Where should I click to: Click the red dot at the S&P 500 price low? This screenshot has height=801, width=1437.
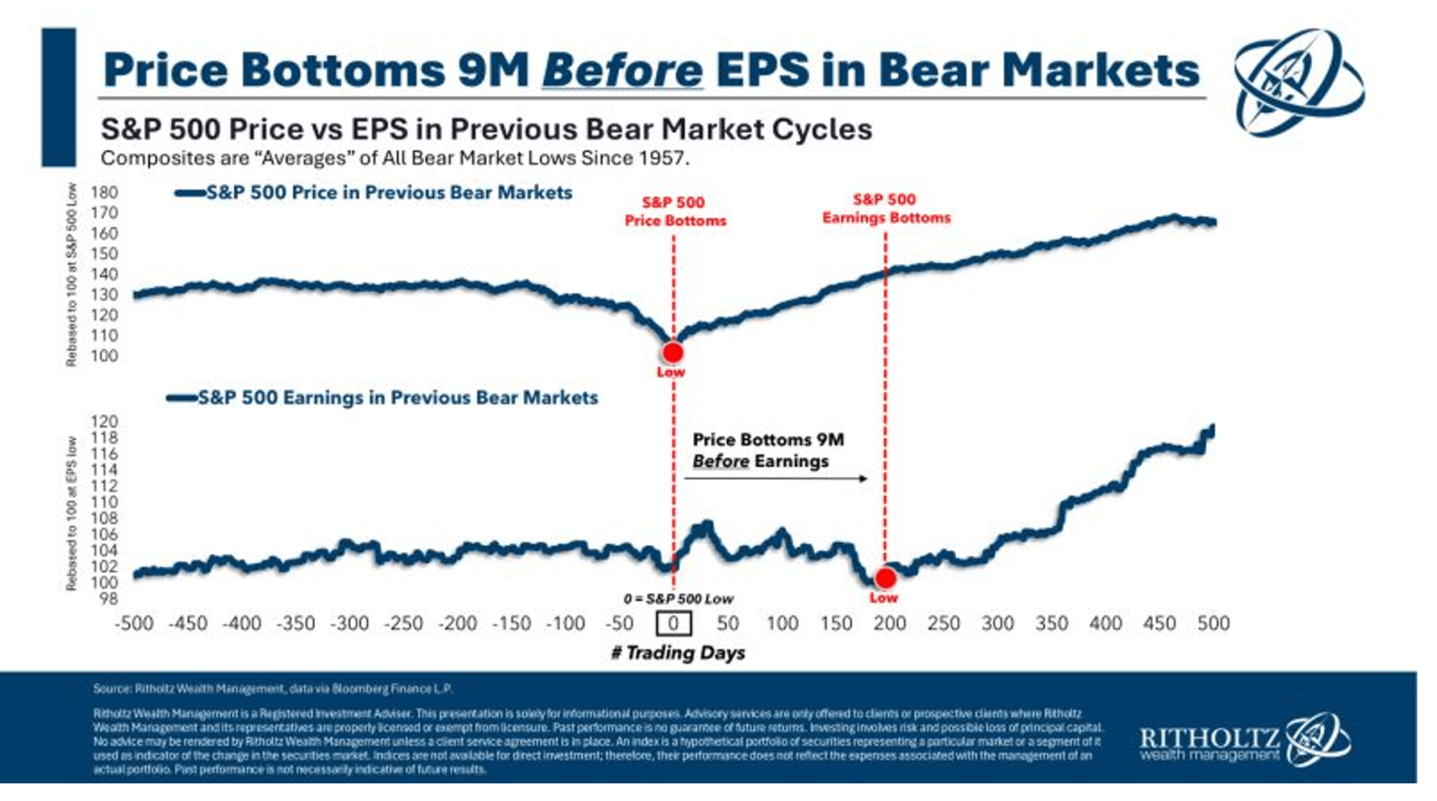tap(672, 353)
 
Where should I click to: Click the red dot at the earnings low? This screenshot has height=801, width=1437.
tap(884, 578)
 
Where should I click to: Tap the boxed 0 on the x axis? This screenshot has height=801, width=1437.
tap(673, 623)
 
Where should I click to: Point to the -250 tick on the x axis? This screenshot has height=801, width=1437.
tap(403, 623)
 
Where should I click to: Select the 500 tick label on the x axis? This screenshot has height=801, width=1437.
tap(1212, 623)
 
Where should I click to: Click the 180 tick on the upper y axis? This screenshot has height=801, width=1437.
tap(105, 193)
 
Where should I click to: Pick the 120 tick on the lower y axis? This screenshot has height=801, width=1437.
tap(105, 422)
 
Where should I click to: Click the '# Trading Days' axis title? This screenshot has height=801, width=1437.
tap(678, 653)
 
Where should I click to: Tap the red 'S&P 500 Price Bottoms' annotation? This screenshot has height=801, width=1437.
tap(675, 211)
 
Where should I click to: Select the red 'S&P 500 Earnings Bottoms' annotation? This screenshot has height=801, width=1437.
tap(885, 209)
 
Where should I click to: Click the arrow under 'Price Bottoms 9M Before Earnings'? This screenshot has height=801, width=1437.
tap(776, 478)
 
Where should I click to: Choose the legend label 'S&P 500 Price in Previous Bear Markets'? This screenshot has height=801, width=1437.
tap(388, 193)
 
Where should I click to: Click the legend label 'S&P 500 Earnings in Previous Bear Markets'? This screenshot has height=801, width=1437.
tap(398, 398)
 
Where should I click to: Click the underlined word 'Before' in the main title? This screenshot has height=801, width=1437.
tap(621, 70)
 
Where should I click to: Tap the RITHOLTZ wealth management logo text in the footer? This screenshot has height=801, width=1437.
tap(1209, 744)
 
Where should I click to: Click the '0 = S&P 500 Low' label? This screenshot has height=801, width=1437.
tap(678, 599)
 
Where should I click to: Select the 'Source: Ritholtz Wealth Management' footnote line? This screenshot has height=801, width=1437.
tap(272, 689)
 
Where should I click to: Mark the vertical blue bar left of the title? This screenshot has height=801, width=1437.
tap(58, 97)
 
